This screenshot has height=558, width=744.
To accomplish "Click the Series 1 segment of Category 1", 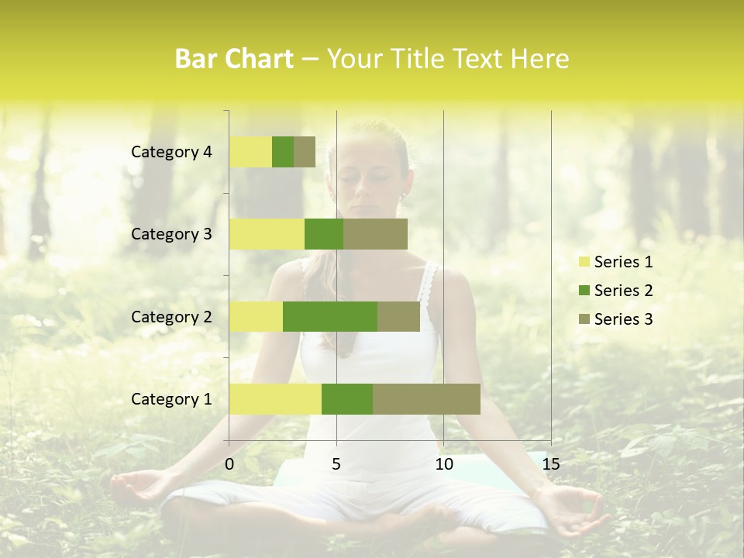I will pyautogui.click(x=275, y=399).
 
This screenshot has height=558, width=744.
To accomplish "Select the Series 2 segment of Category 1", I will pyautogui.click(x=347, y=399).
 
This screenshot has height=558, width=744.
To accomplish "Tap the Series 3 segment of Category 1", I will pyautogui.click(x=426, y=399).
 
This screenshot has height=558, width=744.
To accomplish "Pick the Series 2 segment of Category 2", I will pyautogui.click(x=330, y=316).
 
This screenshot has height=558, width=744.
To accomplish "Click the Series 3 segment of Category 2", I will pyautogui.click(x=398, y=316).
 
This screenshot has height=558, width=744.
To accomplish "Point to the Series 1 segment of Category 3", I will pyautogui.click(x=267, y=234).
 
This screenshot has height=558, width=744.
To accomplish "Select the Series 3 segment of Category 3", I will pyautogui.click(x=375, y=234).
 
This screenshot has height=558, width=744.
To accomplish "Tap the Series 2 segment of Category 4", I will pyautogui.click(x=283, y=152).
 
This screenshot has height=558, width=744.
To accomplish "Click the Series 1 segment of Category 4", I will pyautogui.click(x=250, y=152).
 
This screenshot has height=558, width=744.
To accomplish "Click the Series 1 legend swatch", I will pyautogui.click(x=584, y=262).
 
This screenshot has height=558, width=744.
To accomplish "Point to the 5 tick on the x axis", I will pyautogui.click(x=336, y=464).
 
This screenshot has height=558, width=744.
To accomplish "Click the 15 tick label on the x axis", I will pyautogui.click(x=551, y=464).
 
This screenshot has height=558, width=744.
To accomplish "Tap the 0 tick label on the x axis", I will pyautogui.click(x=229, y=464).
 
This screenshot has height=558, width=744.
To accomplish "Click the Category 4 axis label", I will pyautogui.click(x=171, y=152).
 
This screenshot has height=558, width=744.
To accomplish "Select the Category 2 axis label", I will pyautogui.click(x=171, y=316).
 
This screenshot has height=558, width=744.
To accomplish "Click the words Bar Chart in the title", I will pyautogui.click(x=234, y=59).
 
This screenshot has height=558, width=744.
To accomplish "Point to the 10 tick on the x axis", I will pyautogui.click(x=443, y=464).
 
